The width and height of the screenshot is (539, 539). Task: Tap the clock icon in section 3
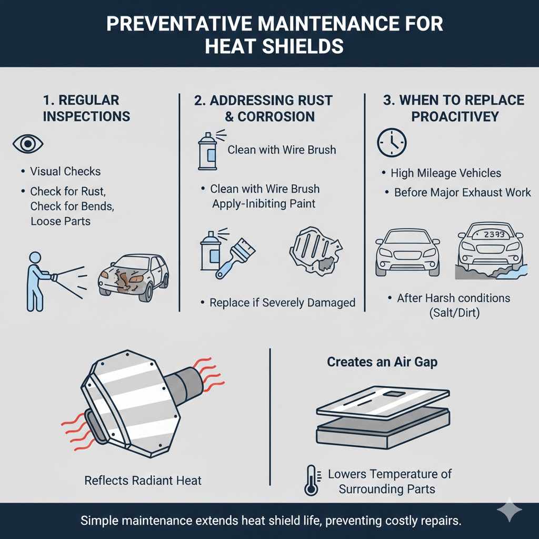(392, 143)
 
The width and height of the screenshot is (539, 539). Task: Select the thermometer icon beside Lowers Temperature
(311, 480)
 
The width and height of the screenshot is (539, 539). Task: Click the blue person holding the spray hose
(36, 279)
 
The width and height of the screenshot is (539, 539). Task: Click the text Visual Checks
(65, 171)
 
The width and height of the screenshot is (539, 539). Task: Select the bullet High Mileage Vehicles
(445, 173)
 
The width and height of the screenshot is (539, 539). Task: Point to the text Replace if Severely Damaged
(282, 303)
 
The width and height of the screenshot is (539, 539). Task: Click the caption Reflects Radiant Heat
(143, 480)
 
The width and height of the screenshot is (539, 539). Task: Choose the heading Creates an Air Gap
(382, 362)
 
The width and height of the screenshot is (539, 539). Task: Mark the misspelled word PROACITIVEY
(454, 116)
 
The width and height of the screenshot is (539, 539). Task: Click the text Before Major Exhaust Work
(462, 192)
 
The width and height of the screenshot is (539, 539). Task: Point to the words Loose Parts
(60, 221)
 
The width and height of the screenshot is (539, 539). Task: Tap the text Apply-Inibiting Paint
(264, 204)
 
